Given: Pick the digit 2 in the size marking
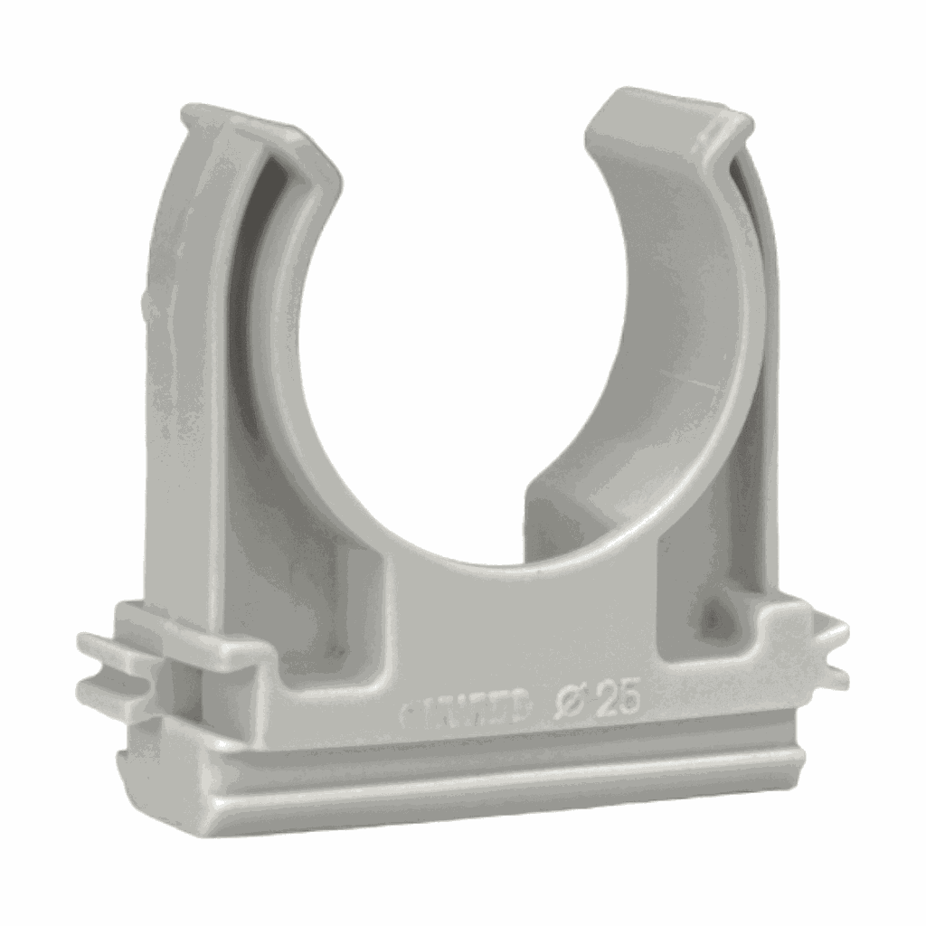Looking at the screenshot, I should [609, 703].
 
